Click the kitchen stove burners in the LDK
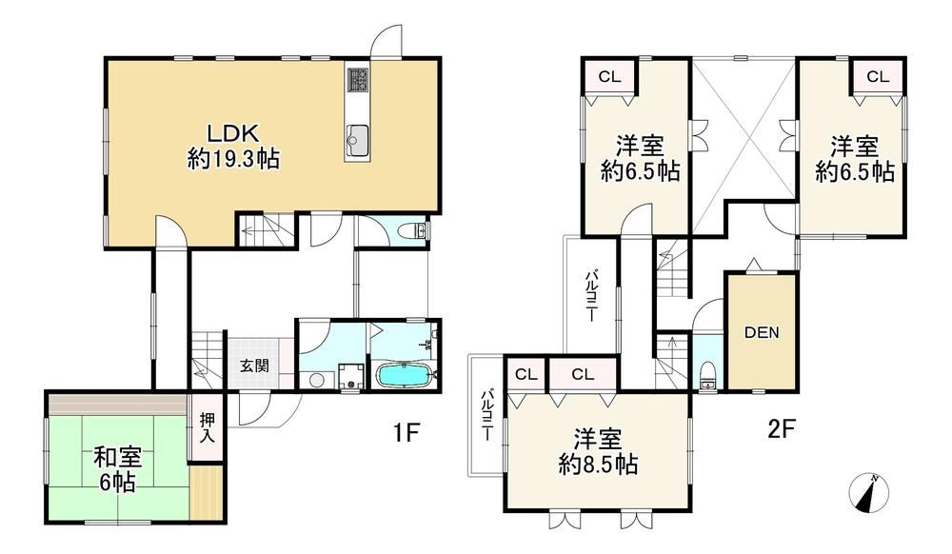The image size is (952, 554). point(359,81)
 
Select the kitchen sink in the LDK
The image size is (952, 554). point(358,139)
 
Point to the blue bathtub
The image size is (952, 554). point(406,373)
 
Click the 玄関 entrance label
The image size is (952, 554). point(253,365)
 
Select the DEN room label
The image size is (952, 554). point(762,332)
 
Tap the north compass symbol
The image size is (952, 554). point(868,492)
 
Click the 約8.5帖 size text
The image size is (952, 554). point(599,466)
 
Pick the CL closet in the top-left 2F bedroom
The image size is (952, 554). point(609,77)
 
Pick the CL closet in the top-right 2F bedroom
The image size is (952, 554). point(877,77)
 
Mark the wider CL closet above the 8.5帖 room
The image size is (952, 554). point(583,375)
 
